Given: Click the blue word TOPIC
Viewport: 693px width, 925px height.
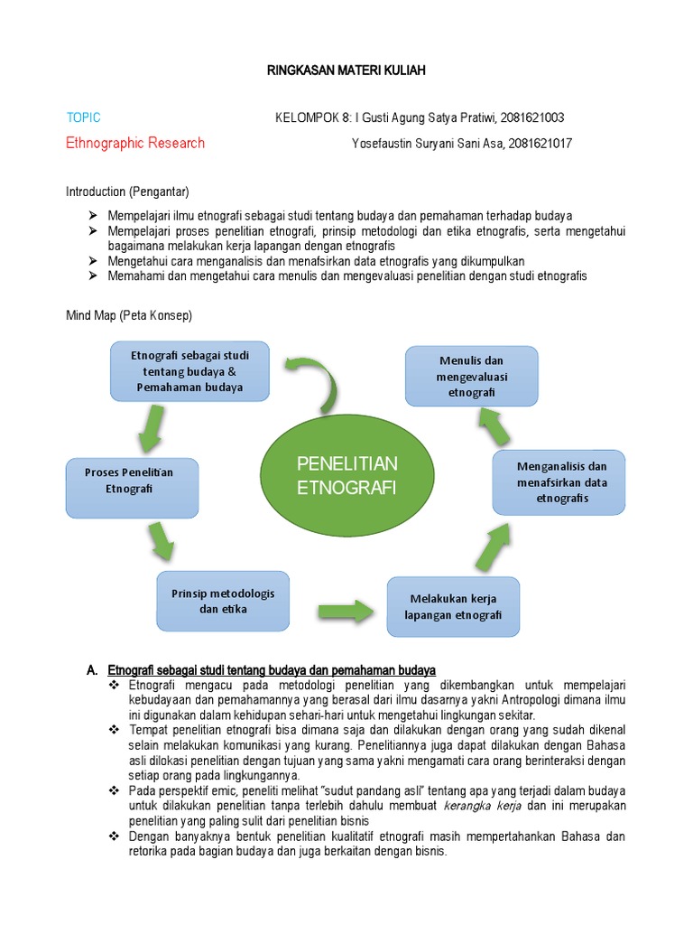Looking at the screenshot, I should pyautogui.click(x=83, y=118).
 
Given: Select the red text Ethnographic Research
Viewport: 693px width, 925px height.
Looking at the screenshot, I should pyautogui.click(x=135, y=143).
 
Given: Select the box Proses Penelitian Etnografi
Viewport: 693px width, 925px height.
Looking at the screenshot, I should pyautogui.click(x=132, y=488).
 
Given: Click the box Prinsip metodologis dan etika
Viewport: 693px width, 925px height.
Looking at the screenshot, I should pyautogui.click(x=223, y=601).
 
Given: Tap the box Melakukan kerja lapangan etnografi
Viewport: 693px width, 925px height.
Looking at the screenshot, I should pyautogui.click(x=453, y=606).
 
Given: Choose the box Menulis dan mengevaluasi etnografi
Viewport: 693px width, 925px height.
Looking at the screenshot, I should pyautogui.click(x=471, y=377).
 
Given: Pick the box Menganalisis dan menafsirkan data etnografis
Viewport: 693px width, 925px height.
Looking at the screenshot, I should pyautogui.click(x=559, y=482).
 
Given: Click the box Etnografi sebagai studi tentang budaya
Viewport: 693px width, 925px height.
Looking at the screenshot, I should pyautogui.click(x=189, y=371).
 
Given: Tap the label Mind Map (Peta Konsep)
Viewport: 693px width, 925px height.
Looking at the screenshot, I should pyautogui.click(x=128, y=316).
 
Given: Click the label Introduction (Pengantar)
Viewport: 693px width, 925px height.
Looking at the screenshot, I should pyautogui.click(x=127, y=192).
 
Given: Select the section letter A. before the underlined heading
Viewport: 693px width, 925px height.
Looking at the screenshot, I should pyautogui.click(x=92, y=670).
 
